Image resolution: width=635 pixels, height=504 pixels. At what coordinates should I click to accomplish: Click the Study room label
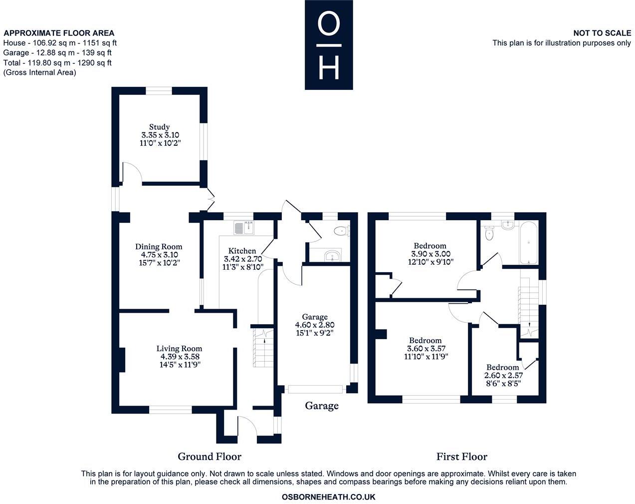(159, 127)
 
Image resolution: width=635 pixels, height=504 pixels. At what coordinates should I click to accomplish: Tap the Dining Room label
(159, 246)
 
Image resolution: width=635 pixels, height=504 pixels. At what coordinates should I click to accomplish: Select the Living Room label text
(179, 349)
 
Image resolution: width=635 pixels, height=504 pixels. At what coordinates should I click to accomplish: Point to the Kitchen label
(242, 251)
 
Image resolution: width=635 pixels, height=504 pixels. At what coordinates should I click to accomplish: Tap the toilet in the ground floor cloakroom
(341, 231)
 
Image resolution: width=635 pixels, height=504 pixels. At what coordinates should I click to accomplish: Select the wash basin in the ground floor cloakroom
(331, 256)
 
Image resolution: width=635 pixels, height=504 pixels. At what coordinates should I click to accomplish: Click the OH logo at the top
(329, 45)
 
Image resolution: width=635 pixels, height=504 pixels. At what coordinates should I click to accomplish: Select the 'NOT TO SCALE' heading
(602, 33)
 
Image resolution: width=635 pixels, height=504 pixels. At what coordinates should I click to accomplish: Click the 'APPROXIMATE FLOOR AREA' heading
(59, 33)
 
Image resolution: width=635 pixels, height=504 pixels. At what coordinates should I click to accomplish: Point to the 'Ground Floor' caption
(210, 456)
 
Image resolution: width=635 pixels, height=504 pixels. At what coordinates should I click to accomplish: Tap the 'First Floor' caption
(461, 456)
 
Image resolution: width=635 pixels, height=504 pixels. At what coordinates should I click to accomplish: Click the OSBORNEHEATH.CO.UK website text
(328, 497)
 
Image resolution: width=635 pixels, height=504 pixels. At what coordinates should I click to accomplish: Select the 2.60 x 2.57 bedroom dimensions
(503, 376)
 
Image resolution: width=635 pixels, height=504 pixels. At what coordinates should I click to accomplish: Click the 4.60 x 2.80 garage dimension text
(314, 325)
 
